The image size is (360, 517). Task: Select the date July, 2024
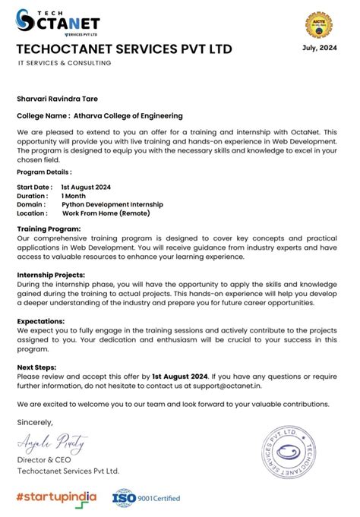(319, 48)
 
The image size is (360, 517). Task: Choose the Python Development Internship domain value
(112, 204)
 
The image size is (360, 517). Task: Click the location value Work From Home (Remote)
(106, 213)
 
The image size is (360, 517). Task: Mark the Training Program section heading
(49, 229)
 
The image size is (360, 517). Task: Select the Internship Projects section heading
(51, 275)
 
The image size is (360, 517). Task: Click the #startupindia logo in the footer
(56, 497)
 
